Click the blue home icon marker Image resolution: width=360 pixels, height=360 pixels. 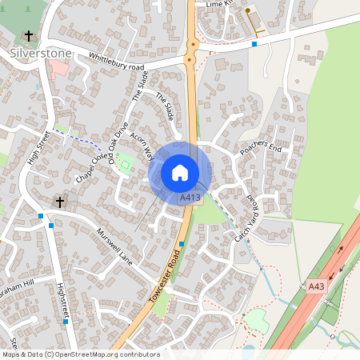click(180, 173)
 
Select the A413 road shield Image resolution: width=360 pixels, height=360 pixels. click(190, 198)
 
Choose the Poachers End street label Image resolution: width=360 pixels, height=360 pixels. click(261, 149)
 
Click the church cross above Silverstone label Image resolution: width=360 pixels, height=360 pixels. click(30, 36)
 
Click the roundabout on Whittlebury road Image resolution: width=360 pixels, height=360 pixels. click(190, 58)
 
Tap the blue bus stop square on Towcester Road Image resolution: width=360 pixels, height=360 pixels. click(182, 243)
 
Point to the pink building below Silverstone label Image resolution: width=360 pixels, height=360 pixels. click(59, 69)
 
